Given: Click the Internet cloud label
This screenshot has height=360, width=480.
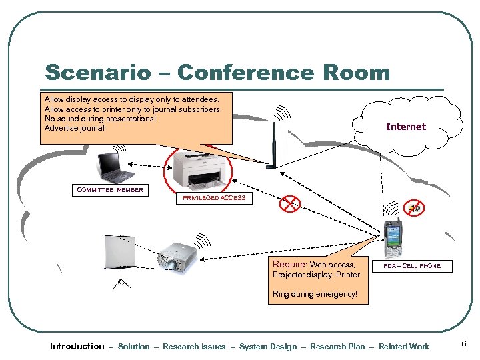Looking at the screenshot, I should (x=405, y=127).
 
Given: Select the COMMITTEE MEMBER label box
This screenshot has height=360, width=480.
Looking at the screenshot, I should (x=110, y=190).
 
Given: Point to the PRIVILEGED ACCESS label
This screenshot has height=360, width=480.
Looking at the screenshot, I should (x=214, y=198).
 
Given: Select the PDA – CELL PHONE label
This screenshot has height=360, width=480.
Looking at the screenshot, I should (x=411, y=266).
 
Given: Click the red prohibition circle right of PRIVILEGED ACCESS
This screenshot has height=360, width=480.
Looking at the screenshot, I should (x=290, y=204).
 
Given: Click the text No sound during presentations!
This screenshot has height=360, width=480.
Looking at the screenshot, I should (x=100, y=118).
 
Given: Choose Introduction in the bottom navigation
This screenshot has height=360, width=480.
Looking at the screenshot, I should (x=77, y=346).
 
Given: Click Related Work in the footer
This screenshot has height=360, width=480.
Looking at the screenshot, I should (x=404, y=347).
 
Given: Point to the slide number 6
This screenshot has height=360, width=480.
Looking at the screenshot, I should (x=463, y=344).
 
